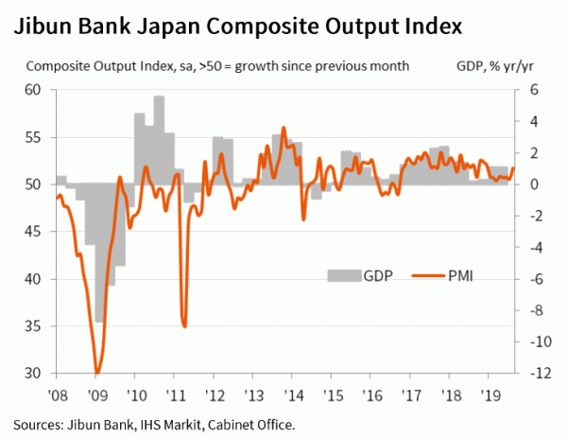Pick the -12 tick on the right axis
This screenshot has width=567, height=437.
tap(534, 374)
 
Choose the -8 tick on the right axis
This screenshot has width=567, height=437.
tap(533, 310)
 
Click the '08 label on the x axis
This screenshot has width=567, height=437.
tap(58, 391)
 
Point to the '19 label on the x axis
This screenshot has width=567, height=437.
tap(490, 391)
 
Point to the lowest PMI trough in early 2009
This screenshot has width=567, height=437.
tap(97, 372)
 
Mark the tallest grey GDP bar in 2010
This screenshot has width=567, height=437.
tap(159, 97)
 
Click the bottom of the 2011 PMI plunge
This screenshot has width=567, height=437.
tap(184, 326)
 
